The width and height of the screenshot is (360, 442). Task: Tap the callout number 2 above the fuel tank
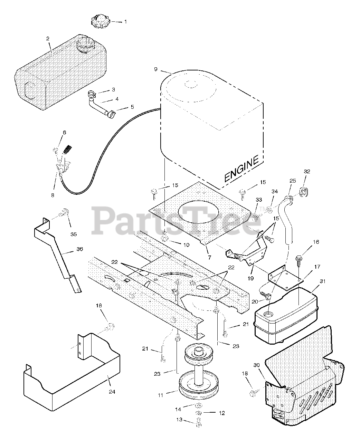(48, 38)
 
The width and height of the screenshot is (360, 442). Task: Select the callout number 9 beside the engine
(155, 69)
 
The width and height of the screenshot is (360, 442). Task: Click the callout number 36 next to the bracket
(79, 249)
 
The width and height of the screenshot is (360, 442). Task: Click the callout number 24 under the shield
(112, 392)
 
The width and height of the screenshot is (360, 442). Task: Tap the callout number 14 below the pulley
(178, 409)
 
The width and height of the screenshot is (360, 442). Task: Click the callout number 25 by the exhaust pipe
(293, 181)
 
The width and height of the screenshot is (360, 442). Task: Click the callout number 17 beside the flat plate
(317, 267)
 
